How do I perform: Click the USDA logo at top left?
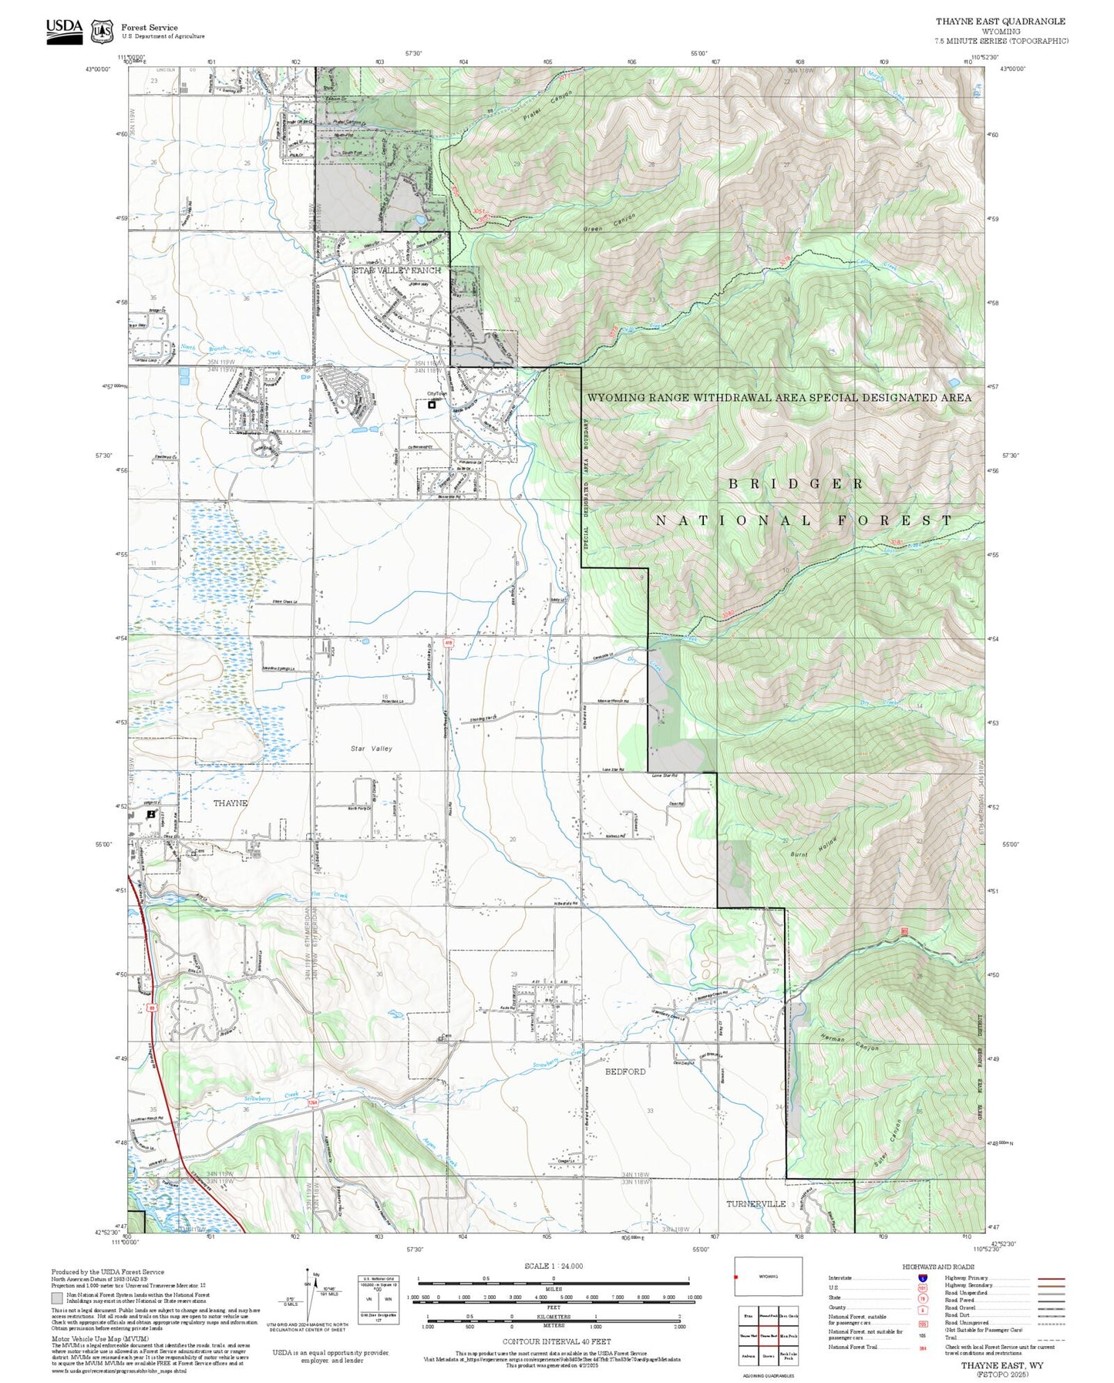click(64, 31)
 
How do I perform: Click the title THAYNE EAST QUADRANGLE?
click(1000, 22)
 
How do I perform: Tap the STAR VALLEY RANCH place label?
click(397, 271)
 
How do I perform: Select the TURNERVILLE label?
click(756, 1203)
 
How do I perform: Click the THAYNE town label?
click(230, 803)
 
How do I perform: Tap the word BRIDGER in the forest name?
click(796, 483)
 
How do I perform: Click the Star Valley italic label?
click(371, 749)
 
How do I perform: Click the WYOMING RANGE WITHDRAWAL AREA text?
click(779, 398)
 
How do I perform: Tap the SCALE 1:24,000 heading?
click(553, 1266)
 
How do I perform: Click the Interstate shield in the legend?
click(922, 1278)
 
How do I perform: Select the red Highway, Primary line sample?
click(1051, 1278)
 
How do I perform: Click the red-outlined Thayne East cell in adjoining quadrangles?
click(768, 1336)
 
